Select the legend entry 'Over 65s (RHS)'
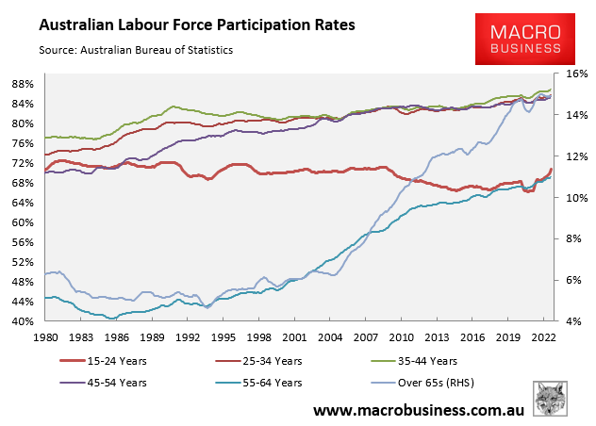441,383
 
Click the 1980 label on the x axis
46,336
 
